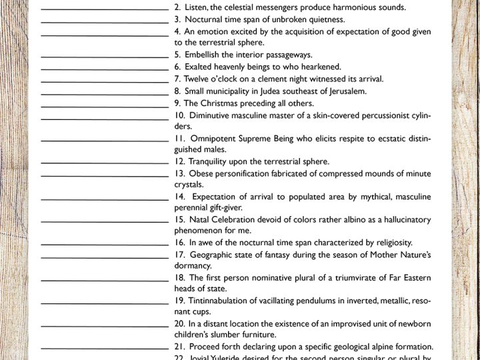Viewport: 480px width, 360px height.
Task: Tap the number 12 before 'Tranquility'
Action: pos(179,161)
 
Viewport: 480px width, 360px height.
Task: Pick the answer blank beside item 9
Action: pos(105,105)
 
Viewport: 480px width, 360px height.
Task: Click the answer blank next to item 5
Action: pos(105,56)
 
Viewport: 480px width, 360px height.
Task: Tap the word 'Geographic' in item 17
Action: pos(213,254)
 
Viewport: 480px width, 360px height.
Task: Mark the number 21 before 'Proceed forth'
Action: pos(179,347)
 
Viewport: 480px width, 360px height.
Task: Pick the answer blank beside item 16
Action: pos(105,245)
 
